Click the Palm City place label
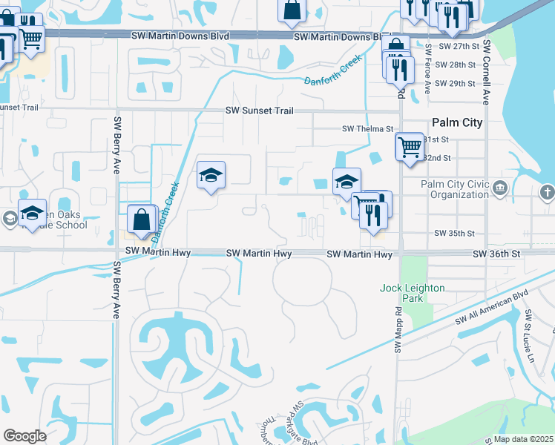457,122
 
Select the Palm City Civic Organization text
455,189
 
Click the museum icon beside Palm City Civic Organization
501,188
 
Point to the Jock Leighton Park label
413,292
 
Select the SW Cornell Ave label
487,71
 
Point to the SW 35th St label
455,233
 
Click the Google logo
25,435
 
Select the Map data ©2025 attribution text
523,439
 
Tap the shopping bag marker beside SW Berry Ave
141,220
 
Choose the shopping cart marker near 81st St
410,147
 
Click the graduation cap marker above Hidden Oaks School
32,214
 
